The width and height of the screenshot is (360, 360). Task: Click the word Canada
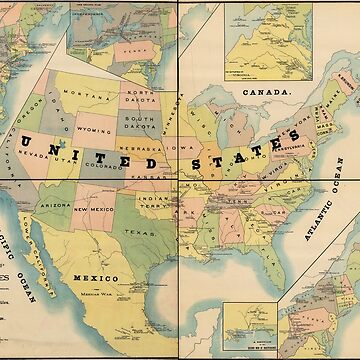(265, 90)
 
